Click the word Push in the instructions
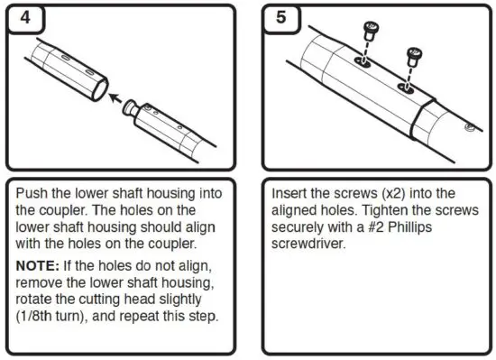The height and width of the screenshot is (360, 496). pyautogui.click(x=32, y=194)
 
